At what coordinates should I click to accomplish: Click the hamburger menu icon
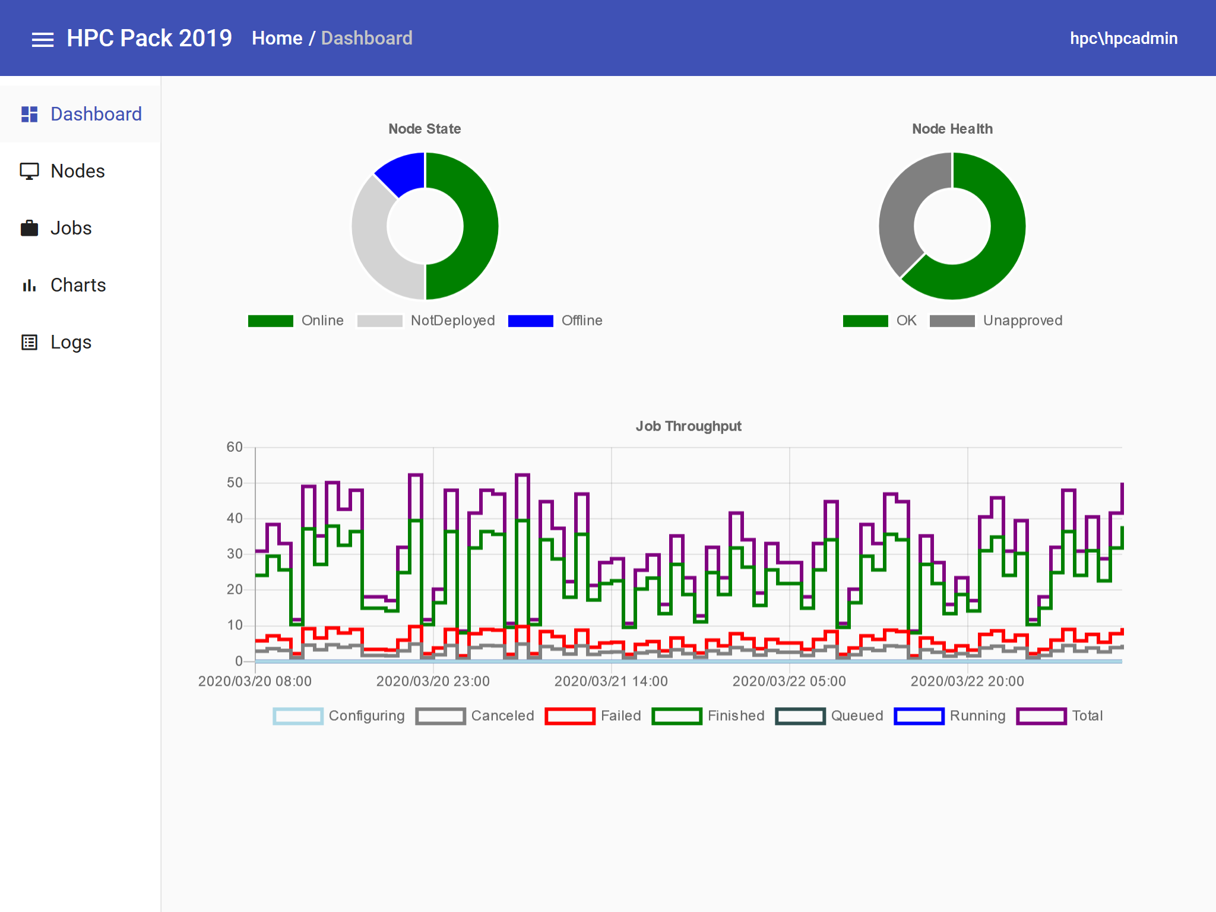click(x=43, y=39)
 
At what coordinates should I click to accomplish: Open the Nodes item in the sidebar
click(x=77, y=171)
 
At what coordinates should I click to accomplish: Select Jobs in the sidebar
click(x=71, y=228)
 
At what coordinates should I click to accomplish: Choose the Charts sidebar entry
click(x=78, y=285)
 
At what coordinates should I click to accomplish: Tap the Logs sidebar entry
click(x=71, y=342)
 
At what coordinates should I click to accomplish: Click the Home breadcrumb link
click(x=277, y=39)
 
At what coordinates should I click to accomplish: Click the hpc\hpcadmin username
click(x=1123, y=39)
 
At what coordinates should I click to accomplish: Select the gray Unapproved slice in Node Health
click(x=902, y=208)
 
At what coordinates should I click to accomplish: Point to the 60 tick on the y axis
click(x=235, y=447)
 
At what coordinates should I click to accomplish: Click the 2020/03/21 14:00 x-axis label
click(x=611, y=681)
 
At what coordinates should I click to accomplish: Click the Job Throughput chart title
click(x=688, y=426)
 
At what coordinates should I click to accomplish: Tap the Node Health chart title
click(x=952, y=129)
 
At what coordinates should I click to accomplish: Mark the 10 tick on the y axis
click(x=235, y=625)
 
